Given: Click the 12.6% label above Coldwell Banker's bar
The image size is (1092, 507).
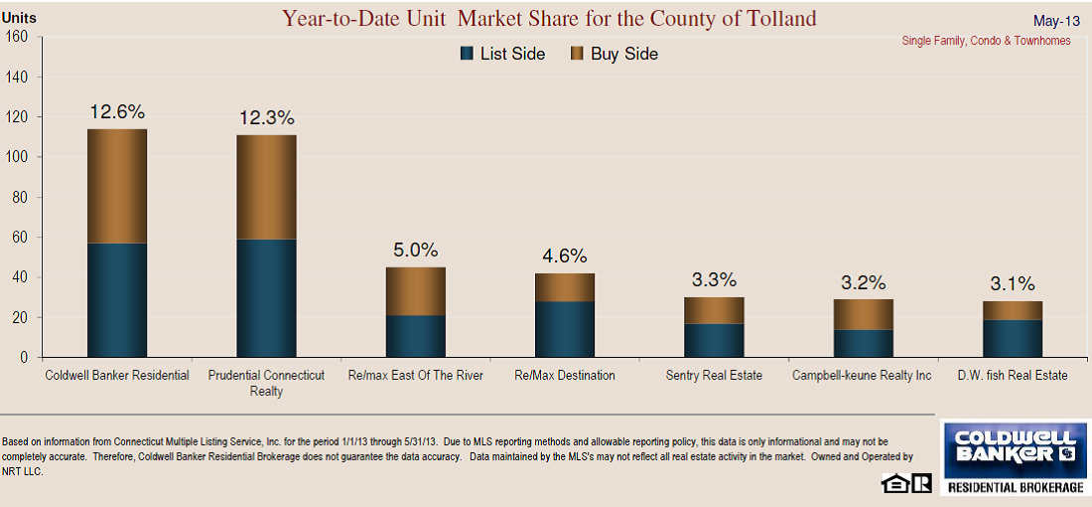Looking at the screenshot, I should point(117,111).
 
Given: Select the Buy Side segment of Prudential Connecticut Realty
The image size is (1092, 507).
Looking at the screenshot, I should point(266,187).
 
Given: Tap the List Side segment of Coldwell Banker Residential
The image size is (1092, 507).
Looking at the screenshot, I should point(117,299).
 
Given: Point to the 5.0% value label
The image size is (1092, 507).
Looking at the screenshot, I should point(415,250).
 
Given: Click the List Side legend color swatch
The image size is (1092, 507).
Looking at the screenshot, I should point(467,54).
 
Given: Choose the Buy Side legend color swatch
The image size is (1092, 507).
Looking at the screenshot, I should point(577,54).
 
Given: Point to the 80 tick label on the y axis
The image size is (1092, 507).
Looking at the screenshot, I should point(21,197).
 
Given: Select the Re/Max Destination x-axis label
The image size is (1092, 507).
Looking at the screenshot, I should point(564,376).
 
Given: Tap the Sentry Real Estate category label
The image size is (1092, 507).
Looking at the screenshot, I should point(715,376).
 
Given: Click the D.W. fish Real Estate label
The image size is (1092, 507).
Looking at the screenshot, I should point(1014,376).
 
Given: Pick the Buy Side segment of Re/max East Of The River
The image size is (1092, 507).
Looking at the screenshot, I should point(415,290).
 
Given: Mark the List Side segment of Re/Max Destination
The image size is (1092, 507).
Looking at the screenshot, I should point(564,329).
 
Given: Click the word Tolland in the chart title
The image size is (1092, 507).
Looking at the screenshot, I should point(775,18).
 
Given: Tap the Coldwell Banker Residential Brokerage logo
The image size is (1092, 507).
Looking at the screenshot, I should point(1013,457).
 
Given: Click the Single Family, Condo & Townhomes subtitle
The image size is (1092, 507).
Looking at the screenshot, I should point(986,41).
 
